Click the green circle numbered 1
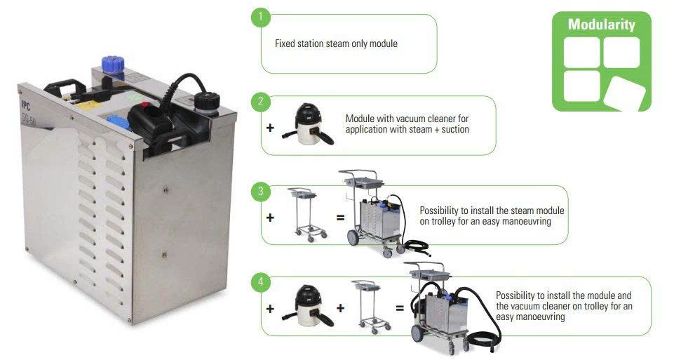pos(261,17)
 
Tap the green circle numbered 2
pos(261,102)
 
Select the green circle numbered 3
pos(261,192)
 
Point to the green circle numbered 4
pos(261,281)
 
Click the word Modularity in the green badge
pos(602,25)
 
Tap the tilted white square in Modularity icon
pos(624,93)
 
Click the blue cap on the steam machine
pos(113,65)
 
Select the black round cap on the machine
pos(207,102)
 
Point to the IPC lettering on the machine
pos(26,105)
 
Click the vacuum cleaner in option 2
pos(308,124)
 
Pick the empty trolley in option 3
pos(306,214)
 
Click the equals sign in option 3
pos(341,218)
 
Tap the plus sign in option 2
pos(270,128)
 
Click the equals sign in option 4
pos(400,308)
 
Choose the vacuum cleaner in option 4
pos(308,306)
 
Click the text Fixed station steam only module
pos(336,44)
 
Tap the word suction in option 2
pos(455,129)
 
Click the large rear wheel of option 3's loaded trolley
pos(353,237)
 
